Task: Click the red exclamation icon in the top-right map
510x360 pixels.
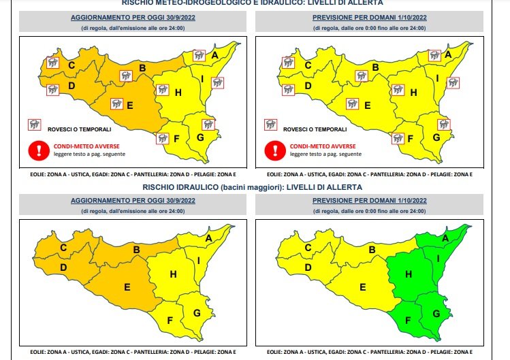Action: pos(273,149)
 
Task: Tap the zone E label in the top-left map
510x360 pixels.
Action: pos(129,105)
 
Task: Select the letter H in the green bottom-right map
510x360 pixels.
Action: pos(409,274)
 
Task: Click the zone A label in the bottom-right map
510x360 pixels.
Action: pos(446,238)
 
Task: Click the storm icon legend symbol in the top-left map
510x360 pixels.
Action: pos(33,125)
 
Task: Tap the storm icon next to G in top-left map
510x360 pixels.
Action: pos(208,125)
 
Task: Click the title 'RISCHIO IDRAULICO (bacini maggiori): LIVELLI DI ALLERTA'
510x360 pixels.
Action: pos(253,186)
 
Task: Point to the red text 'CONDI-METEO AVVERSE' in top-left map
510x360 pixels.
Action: pos(84,146)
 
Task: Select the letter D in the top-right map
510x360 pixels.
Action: pos(307,86)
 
